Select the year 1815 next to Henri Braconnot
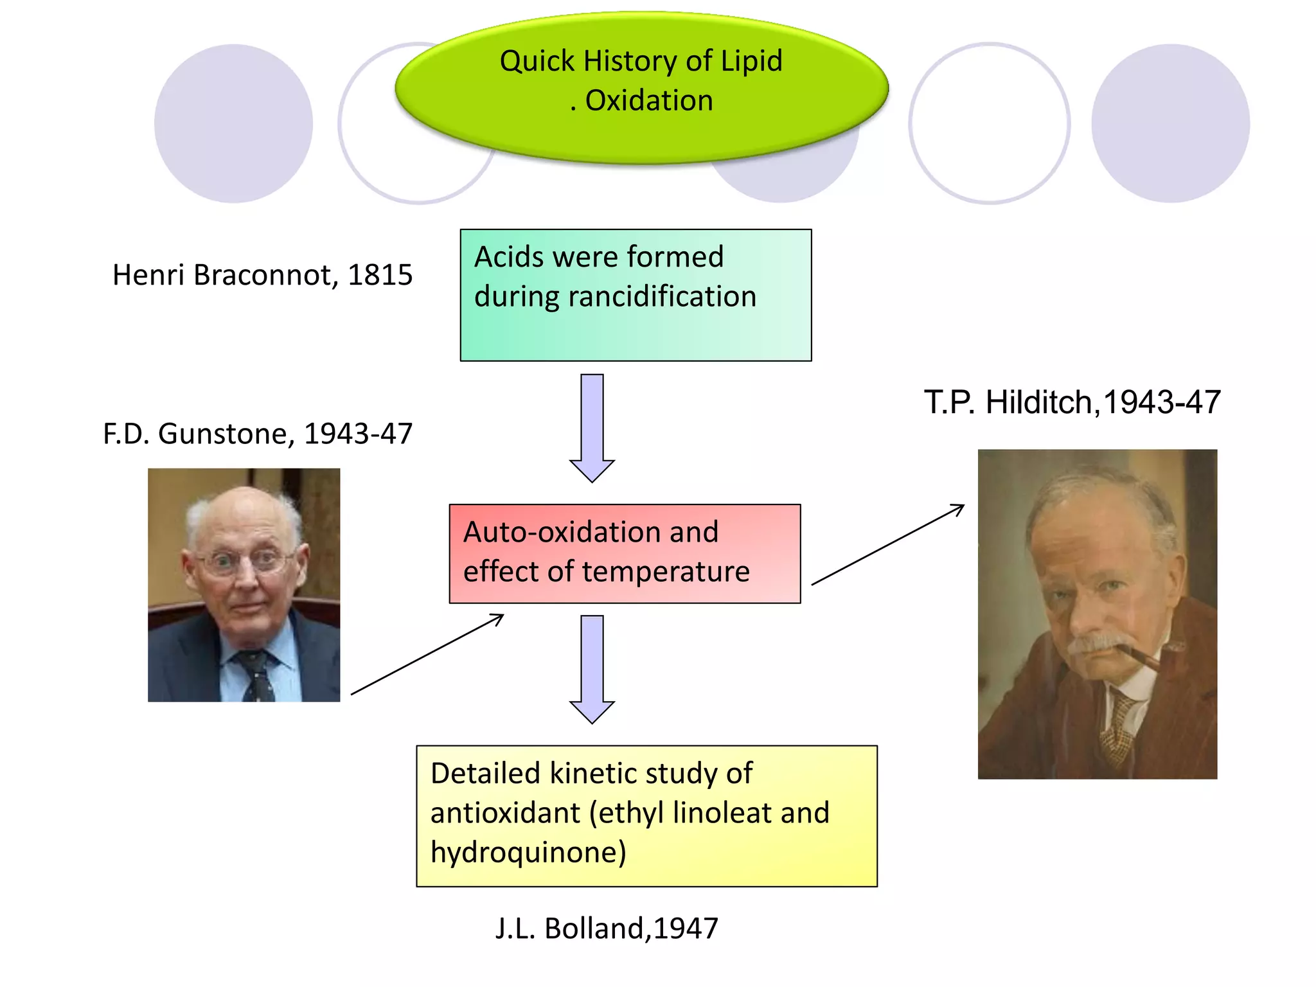click(x=380, y=275)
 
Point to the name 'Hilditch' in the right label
click(x=1038, y=403)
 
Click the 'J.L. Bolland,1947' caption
click(x=607, y=929)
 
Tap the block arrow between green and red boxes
click(x=592, y=427)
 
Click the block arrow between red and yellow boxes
click(x=592, y=668)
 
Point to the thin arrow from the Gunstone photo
click(x=427, y=654)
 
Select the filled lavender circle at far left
click(x=233, y=123)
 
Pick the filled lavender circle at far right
click(x=1170, y=123)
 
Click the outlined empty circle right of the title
click(x=989, y=123)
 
